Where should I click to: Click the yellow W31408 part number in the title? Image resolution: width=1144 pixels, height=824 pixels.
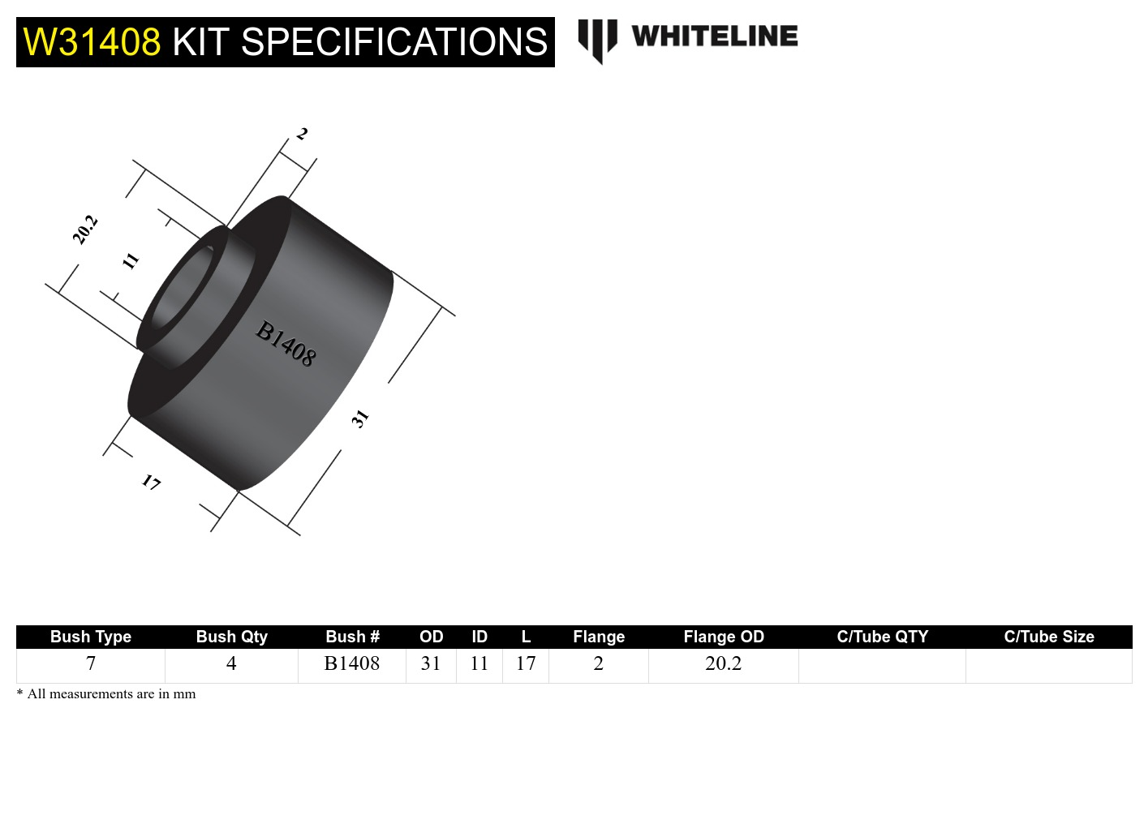pyautogui.click(x=92, y=42)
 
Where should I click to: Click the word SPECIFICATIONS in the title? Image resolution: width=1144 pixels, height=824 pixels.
pyautogui.click(x=394, y=42)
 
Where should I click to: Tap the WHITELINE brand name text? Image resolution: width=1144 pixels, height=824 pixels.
pyautogui.click(x=714, y=36)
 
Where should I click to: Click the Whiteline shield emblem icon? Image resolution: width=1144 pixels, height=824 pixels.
pyautogui.click(x=597, y=40)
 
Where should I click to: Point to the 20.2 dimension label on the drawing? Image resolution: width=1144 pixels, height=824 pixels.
pyautogui.click(x=85, y=230)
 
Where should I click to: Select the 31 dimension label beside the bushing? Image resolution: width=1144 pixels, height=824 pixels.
pyautogui.click(x=360, y=418)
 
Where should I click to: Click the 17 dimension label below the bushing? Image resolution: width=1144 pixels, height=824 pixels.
pyautogui.click(x=151, y=483)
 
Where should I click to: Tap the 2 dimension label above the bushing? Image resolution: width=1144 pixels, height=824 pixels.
pyautogui.click(x=302, y=134)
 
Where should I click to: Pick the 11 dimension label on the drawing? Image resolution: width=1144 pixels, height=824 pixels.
pyautogui.click(x=131, y=260)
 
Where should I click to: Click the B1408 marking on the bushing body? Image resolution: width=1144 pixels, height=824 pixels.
pyautogui.click(x=286, y=344)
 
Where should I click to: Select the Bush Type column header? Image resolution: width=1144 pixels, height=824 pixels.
pyautogui.click(x=91, y=637)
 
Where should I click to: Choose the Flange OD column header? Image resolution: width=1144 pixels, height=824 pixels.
pyautogui.click(x=724, y=637)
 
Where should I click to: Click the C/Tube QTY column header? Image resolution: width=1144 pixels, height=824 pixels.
pyautogui.click(x=882, y=637)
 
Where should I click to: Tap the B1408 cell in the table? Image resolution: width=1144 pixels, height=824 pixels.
pyautogui.click(x=352, y=664)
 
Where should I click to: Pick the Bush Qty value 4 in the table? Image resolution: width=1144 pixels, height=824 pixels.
pyautogui.click(x=231, y=664)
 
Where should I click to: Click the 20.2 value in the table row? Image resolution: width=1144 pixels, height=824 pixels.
pyautogui.click(x=724, y=664)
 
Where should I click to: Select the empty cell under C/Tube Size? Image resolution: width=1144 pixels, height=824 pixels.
pyautogui.click(x=1048, y=665)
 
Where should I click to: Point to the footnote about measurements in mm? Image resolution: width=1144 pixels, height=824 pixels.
pyautogui.click(x=106, y=694)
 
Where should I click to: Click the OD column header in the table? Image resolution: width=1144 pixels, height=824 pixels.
pyautogui.click(x=431, y=637)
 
